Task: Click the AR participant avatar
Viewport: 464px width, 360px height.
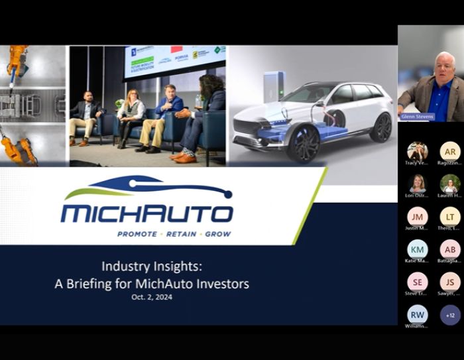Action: coord(450,151)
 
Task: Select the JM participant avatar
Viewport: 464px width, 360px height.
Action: coord(418,216)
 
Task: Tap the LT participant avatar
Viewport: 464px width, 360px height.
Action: coord(450,216)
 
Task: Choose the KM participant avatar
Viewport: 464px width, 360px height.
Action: coord(418,249)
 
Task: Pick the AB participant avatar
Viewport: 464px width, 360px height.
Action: coord(450,249)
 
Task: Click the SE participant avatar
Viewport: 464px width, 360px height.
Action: coord(418,282)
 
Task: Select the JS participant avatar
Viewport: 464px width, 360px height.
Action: coord(450,282)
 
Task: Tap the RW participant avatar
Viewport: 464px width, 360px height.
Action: coord(418,314)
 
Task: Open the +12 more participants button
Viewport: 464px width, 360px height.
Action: coord(450,314)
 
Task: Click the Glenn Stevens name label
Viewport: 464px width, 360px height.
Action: coord(416,117)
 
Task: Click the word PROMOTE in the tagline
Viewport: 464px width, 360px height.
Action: coord(137,234)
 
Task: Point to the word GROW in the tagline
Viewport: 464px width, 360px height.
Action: coord(218,234)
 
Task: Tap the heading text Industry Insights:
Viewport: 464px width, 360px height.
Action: coord(152,267)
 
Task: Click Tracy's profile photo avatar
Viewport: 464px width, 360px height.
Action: coord(418,151)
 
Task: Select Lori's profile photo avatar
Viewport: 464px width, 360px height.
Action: coord(418,184)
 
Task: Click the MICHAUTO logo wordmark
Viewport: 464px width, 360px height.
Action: coord(146,213)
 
